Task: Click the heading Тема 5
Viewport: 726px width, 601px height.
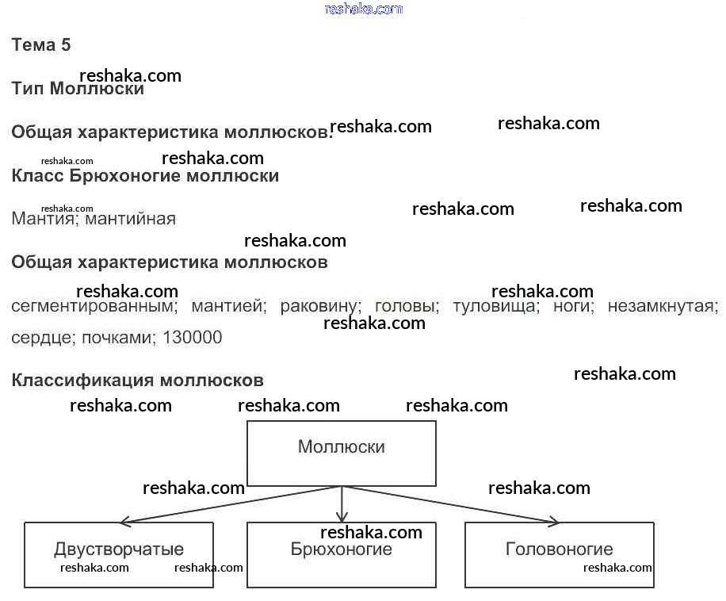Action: click(41, 45)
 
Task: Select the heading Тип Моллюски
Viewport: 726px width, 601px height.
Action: click(78, 89)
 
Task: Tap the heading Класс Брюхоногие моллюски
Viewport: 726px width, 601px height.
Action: click(145, 176)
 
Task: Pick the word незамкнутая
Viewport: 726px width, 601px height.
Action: click(663, 306)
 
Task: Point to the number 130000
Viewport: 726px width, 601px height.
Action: click(192, 338)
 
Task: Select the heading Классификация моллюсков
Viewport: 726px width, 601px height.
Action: click(137, 381)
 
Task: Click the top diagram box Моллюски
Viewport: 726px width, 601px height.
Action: click(342, 452)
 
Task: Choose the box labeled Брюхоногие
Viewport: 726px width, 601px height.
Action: click(342, 555)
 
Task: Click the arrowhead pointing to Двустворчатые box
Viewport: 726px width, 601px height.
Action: click(124, 523)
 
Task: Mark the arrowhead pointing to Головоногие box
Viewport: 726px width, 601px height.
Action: click(553, 522)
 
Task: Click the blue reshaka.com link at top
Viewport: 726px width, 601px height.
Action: click(364, 9)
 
